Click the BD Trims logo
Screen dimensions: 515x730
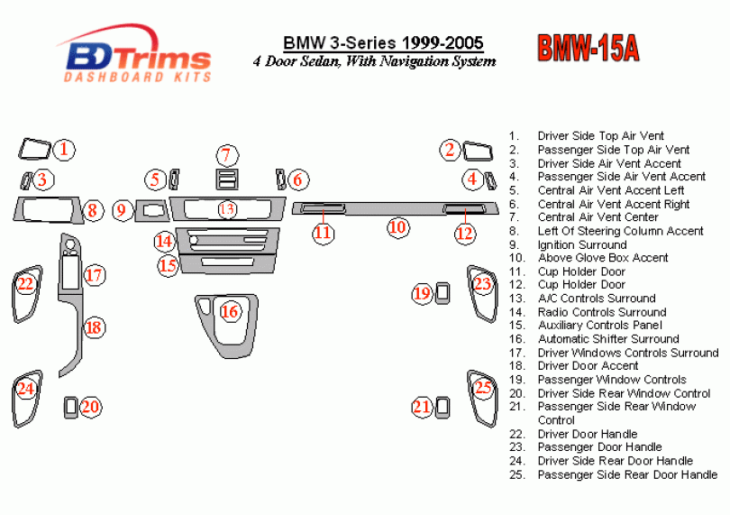click(x=135, y=56)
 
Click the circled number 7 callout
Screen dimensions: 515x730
click(x=227, y=154)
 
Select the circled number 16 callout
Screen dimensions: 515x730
click(x=230, y=312)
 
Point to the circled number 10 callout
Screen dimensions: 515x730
click(x=397, y=227)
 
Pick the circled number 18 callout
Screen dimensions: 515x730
click(x=94, y=326)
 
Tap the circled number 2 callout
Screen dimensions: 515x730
click(x=450, y=150)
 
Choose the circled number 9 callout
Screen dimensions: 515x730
click(x=121, y=211)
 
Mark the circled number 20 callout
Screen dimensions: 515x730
click(x=89, y=407)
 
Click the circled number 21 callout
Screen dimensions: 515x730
click(x=422, y=407)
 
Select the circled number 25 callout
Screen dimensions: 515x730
click(x=484, y=389)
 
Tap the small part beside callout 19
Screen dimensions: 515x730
click(x=443, y=291)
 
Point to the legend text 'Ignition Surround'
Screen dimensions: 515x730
click(x=581, y=244)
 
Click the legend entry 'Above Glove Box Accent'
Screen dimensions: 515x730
click(x=602, y=258)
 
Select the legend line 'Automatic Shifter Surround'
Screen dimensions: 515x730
click(x=607, y=339)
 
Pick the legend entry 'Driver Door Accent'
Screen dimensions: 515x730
click(x=588, y=366)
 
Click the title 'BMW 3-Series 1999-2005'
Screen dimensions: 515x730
click(x=383, y=43)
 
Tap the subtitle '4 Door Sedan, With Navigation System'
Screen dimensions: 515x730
click(x=374, y=62)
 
